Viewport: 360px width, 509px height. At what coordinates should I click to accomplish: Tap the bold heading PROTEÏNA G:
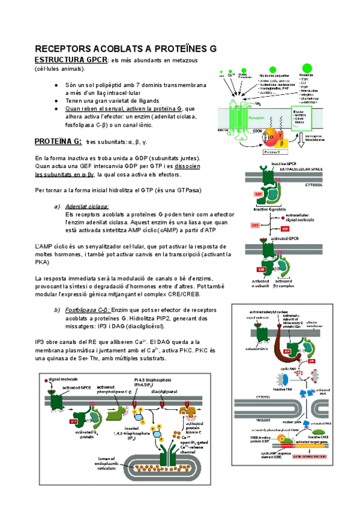click(58, 142)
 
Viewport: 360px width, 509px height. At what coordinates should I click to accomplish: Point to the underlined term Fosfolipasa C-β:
click(90, 309)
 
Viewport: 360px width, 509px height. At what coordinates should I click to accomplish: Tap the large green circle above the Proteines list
click(307, 67)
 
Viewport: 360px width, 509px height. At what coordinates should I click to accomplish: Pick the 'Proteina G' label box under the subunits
click(261, 152)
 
